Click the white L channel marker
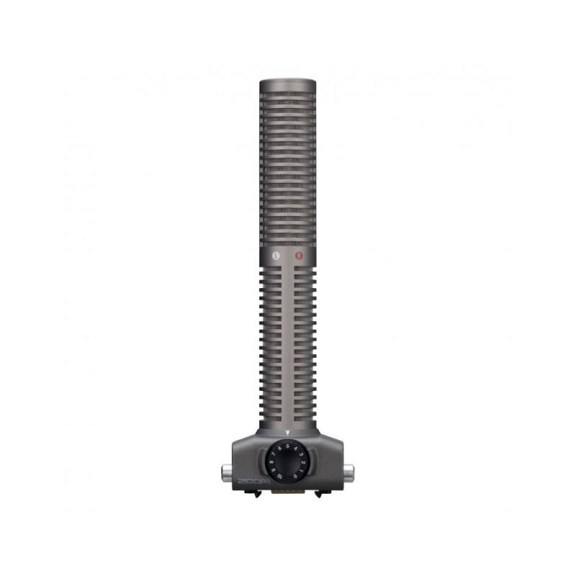click(x=276, y=254)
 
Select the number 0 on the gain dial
click(x=295, y=476)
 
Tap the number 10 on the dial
click(x=279, y=477)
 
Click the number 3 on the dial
click(x=301, y=454)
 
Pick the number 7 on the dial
click(x=273, y=454)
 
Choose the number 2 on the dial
click(x=303, y=462)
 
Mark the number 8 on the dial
click(x=271, y=462)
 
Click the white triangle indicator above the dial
click(x=287, y=433)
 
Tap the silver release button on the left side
click(x=225, y=473)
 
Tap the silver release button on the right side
click(x=349, y=473)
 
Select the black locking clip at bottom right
click(x=322, y=493)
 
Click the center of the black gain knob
click(x=287, y=462)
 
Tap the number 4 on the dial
click(x=295, y=448)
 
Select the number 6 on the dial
click(x=279, y=448)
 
